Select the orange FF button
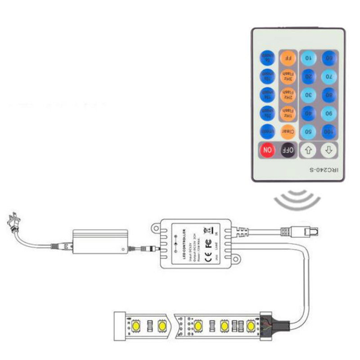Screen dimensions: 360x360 point(288,58)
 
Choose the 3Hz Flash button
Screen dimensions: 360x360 point(288,76)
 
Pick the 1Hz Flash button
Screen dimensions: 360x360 point(288,113)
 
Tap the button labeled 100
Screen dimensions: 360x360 point(329,132)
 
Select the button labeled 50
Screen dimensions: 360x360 point(309,132)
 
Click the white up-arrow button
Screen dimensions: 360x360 point(309,150)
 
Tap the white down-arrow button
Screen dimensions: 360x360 point(329,150)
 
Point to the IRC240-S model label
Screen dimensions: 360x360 point(324,170)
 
